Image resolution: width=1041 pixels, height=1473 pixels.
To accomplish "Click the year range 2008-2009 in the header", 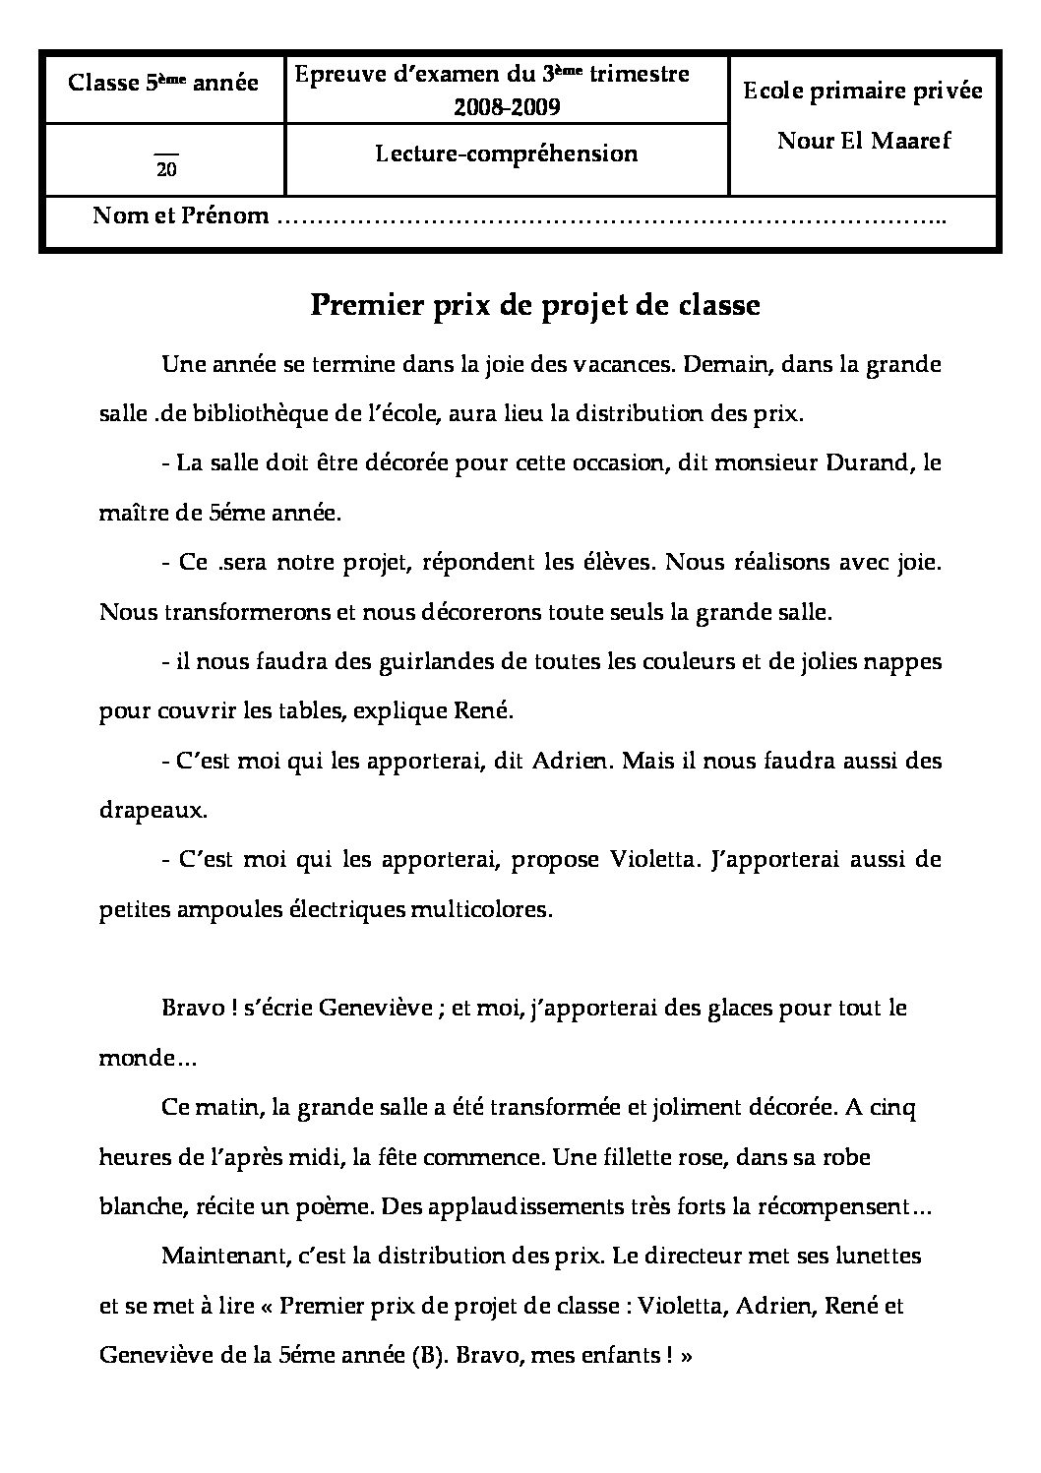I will [x=506, y=107].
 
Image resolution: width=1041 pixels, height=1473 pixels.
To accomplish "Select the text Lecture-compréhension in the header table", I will [x=506, y=153].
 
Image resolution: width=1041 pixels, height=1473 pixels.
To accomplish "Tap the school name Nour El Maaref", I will [x=864, y=140].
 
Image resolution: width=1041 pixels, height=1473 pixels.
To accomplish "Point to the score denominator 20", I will [x=166, y=169].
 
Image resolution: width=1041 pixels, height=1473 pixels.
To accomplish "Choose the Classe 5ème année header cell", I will [x=163, y=83].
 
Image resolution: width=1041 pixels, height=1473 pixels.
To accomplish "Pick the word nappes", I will [x=906, y=662].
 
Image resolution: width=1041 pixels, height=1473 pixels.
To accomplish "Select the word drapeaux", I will [x=153, y=811].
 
